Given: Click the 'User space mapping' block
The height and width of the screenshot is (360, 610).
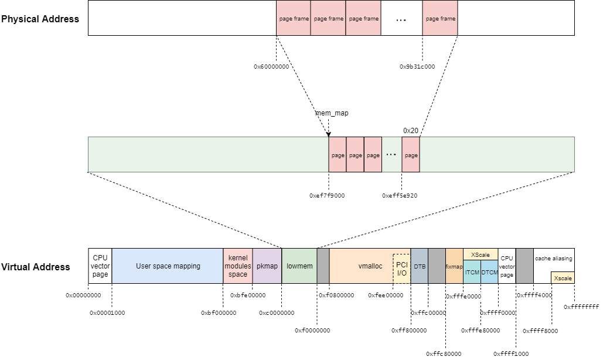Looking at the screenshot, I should pos(168,266).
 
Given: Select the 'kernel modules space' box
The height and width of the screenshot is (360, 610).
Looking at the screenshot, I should pos(238,266).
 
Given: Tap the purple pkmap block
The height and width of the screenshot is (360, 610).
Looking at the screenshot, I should pos(267,266).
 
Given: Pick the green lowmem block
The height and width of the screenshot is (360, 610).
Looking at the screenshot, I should pos(299,266).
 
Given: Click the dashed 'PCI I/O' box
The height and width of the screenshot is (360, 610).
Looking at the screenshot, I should pos(402,269).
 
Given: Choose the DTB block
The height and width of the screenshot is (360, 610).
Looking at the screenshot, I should pos(420,266).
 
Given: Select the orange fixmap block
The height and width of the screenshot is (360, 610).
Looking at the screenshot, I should pos(454,266).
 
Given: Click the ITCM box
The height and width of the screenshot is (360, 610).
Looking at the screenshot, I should pos(472,272).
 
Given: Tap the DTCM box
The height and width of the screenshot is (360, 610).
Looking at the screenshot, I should pos(490,272).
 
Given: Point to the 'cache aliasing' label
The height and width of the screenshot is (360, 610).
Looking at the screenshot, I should pos(554,259).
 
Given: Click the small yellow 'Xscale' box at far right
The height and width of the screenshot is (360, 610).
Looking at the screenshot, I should pos(563,278).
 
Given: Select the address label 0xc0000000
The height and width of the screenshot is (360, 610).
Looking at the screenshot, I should pos(277,313).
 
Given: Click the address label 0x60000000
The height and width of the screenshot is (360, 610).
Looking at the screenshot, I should pos(271,67).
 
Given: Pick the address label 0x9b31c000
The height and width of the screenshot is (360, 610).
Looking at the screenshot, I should pos(417,67).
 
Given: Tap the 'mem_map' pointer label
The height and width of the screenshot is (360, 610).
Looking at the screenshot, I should pos(332,113).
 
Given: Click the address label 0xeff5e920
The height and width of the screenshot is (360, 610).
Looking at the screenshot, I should pos(400,196).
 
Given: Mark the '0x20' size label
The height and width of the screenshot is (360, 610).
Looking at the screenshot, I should pos(410,130).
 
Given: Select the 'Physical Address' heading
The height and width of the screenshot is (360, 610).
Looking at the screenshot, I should pos(40,19).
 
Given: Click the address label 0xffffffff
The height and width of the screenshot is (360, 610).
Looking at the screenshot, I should pos(581,307).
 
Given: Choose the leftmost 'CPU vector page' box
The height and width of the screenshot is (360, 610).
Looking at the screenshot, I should pos(100,266).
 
